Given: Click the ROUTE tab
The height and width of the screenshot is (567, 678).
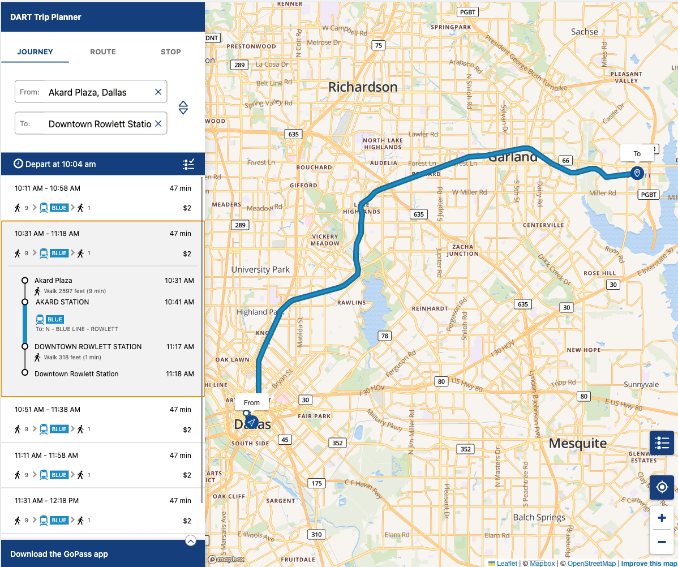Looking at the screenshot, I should [x=102, y=51].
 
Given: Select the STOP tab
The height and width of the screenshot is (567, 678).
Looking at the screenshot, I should [x=170, y=51].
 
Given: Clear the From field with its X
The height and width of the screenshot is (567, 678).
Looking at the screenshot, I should [x=158, y=92].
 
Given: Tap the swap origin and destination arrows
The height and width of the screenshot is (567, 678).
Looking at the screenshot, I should [x=183, y=108].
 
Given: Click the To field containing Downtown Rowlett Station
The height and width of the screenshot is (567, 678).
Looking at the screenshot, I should [x=100, y=124].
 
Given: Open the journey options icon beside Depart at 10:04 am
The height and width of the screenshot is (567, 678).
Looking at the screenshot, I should [x=188, y=164].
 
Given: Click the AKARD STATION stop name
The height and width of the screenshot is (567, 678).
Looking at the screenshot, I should [x=62, y=302].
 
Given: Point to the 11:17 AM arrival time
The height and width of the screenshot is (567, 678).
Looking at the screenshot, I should [x=180, y=347].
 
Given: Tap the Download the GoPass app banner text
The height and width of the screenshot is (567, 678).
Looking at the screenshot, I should [x=59, y=554].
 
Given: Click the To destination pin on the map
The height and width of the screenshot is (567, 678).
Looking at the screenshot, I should [x=637, y=173].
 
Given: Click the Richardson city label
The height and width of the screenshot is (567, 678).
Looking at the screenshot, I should [x=363, y=87].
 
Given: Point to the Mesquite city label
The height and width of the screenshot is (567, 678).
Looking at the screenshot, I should [x=578, y=443].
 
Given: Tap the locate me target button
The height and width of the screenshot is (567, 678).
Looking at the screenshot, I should [x=661, y=487].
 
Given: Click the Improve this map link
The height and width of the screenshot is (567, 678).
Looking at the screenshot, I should [x=649, y=563].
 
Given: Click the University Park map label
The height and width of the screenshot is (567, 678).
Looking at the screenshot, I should [x=260, y=269].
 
